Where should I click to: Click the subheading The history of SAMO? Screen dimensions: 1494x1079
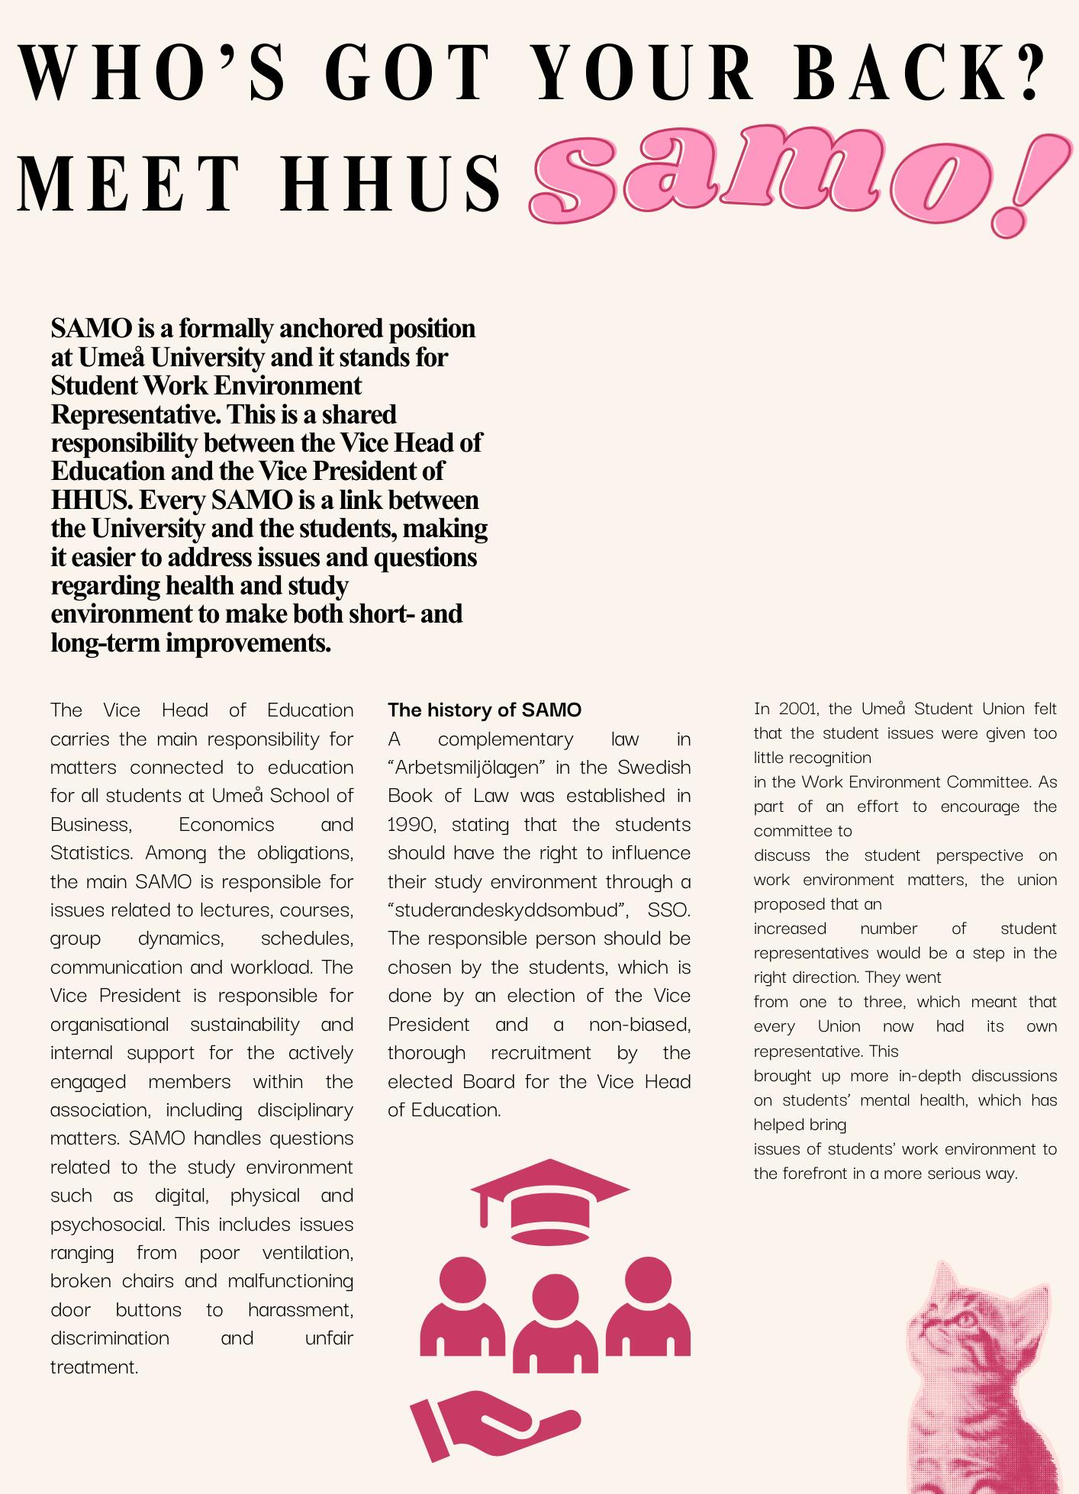tap(485, 710)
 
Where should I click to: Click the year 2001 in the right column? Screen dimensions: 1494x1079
tap(798, 709)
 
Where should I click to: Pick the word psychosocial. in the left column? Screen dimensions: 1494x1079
tap(108, 1225)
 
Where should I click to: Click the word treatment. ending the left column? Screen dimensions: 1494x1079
tap(95, 1367)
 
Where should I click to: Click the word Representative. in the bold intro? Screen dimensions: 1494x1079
tap(136, 415)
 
